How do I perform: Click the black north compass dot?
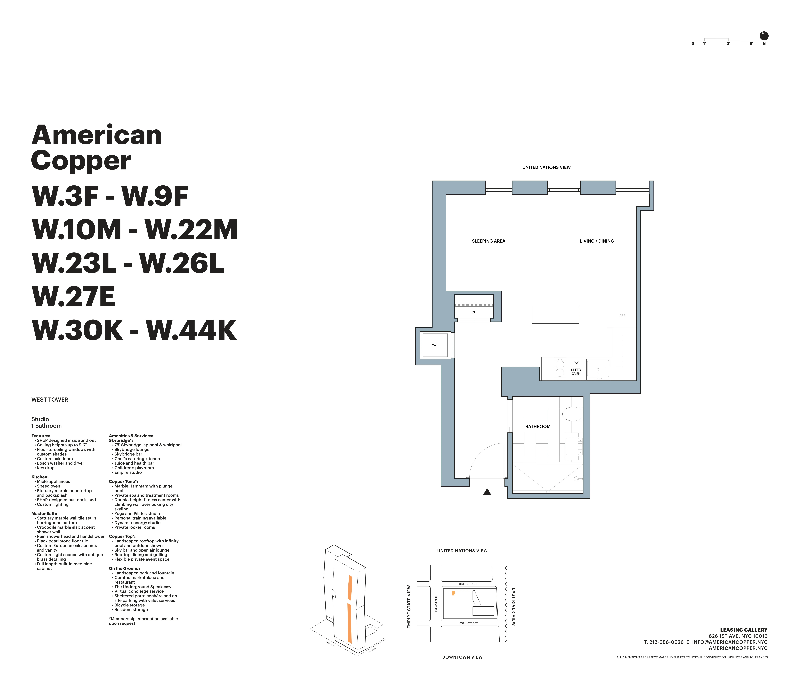(x=764, y=36)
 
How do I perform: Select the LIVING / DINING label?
(x=596, y=241)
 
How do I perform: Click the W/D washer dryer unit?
(x=435, y=345)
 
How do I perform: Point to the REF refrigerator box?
(x=622, y=316)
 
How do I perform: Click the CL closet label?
(x=473, y=312)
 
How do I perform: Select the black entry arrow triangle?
(x=487, y=492)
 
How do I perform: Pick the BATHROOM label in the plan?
(x=537, y=426)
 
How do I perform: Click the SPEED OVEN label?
(x=576, y=372)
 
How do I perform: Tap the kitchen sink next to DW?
(x=598, y=369)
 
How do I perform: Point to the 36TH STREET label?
(x=468, y=584)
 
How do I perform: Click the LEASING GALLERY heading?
(x=743, y=630)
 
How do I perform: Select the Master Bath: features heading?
(x=44, y=514)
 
